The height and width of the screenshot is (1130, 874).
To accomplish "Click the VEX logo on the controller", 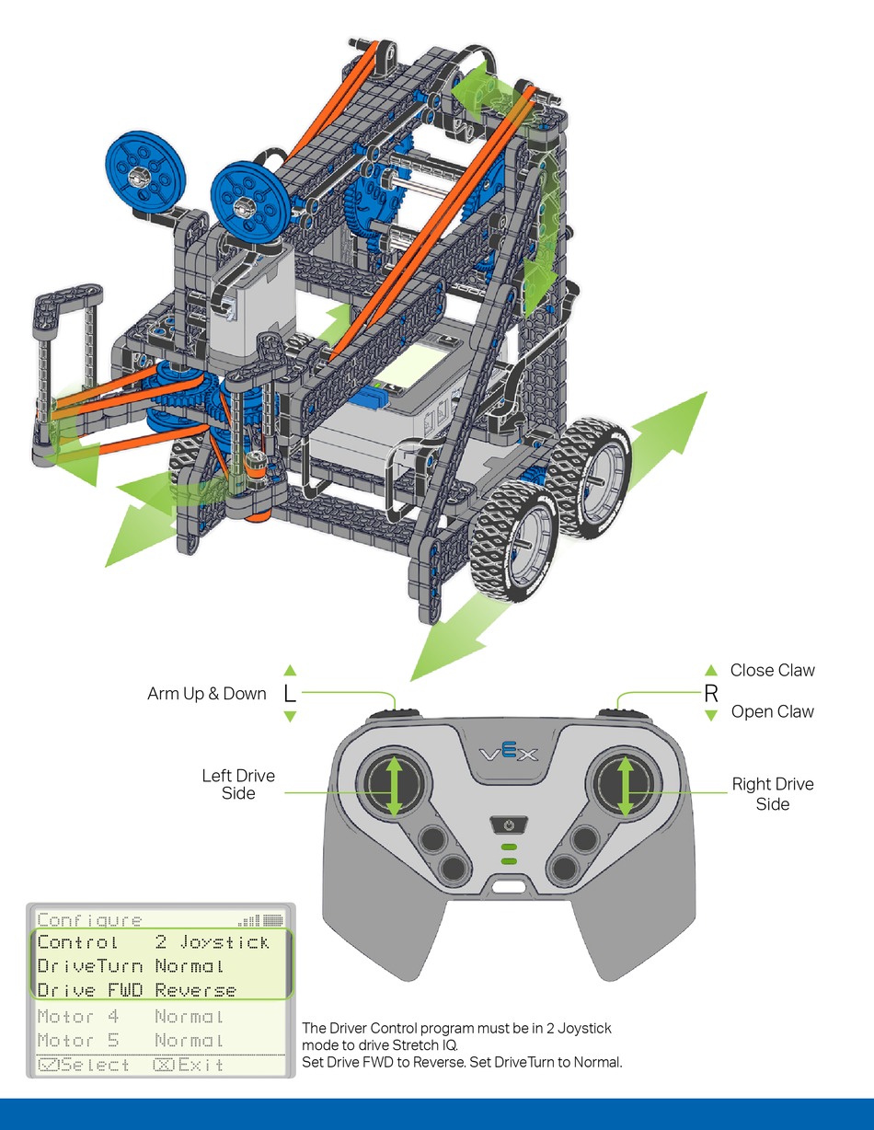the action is point(509,752).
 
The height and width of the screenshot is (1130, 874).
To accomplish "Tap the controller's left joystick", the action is point(394,784).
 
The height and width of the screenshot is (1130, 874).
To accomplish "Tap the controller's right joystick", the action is point(625,784).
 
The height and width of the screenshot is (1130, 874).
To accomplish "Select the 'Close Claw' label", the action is point(772,670).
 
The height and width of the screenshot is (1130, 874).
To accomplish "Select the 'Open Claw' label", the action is point(772,712).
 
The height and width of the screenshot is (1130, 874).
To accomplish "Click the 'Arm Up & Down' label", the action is point(206,694).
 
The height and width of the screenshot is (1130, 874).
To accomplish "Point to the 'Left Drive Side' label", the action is point(238,784).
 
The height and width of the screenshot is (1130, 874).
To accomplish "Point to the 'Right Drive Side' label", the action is point(773,794).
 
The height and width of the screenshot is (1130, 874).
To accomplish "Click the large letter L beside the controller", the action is point(290,693).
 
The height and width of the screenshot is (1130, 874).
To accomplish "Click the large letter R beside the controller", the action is point(711,693).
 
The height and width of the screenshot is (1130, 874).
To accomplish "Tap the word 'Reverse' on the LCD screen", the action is point(195,991).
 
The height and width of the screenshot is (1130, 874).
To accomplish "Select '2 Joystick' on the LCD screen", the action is point(213,942).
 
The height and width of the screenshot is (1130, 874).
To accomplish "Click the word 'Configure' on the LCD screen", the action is point(89,920).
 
